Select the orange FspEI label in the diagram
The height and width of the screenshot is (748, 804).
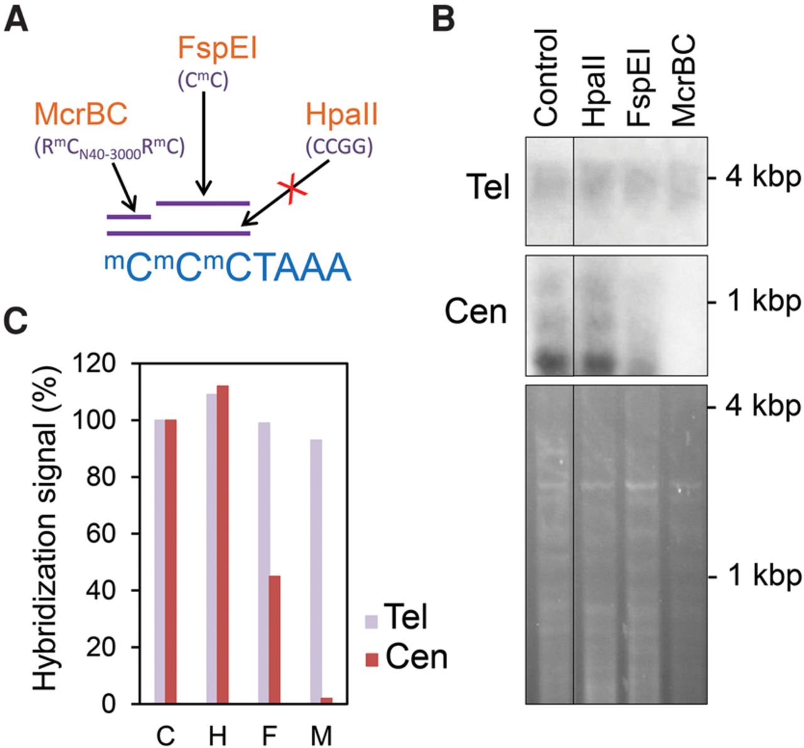pyautogui.click(x=217, y=48)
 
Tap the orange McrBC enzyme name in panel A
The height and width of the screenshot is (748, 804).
pyautogui.click(x=80, y=114)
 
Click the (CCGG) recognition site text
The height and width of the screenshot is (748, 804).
pyautogui.click(x=339, y=146)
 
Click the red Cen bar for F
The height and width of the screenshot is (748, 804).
pyautogui.click(x=274, y=639)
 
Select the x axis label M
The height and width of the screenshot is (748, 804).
pyautogui.click(x=321, y=735)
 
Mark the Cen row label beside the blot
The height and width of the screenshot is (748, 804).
pyautogui.click(x=475, y=312)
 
